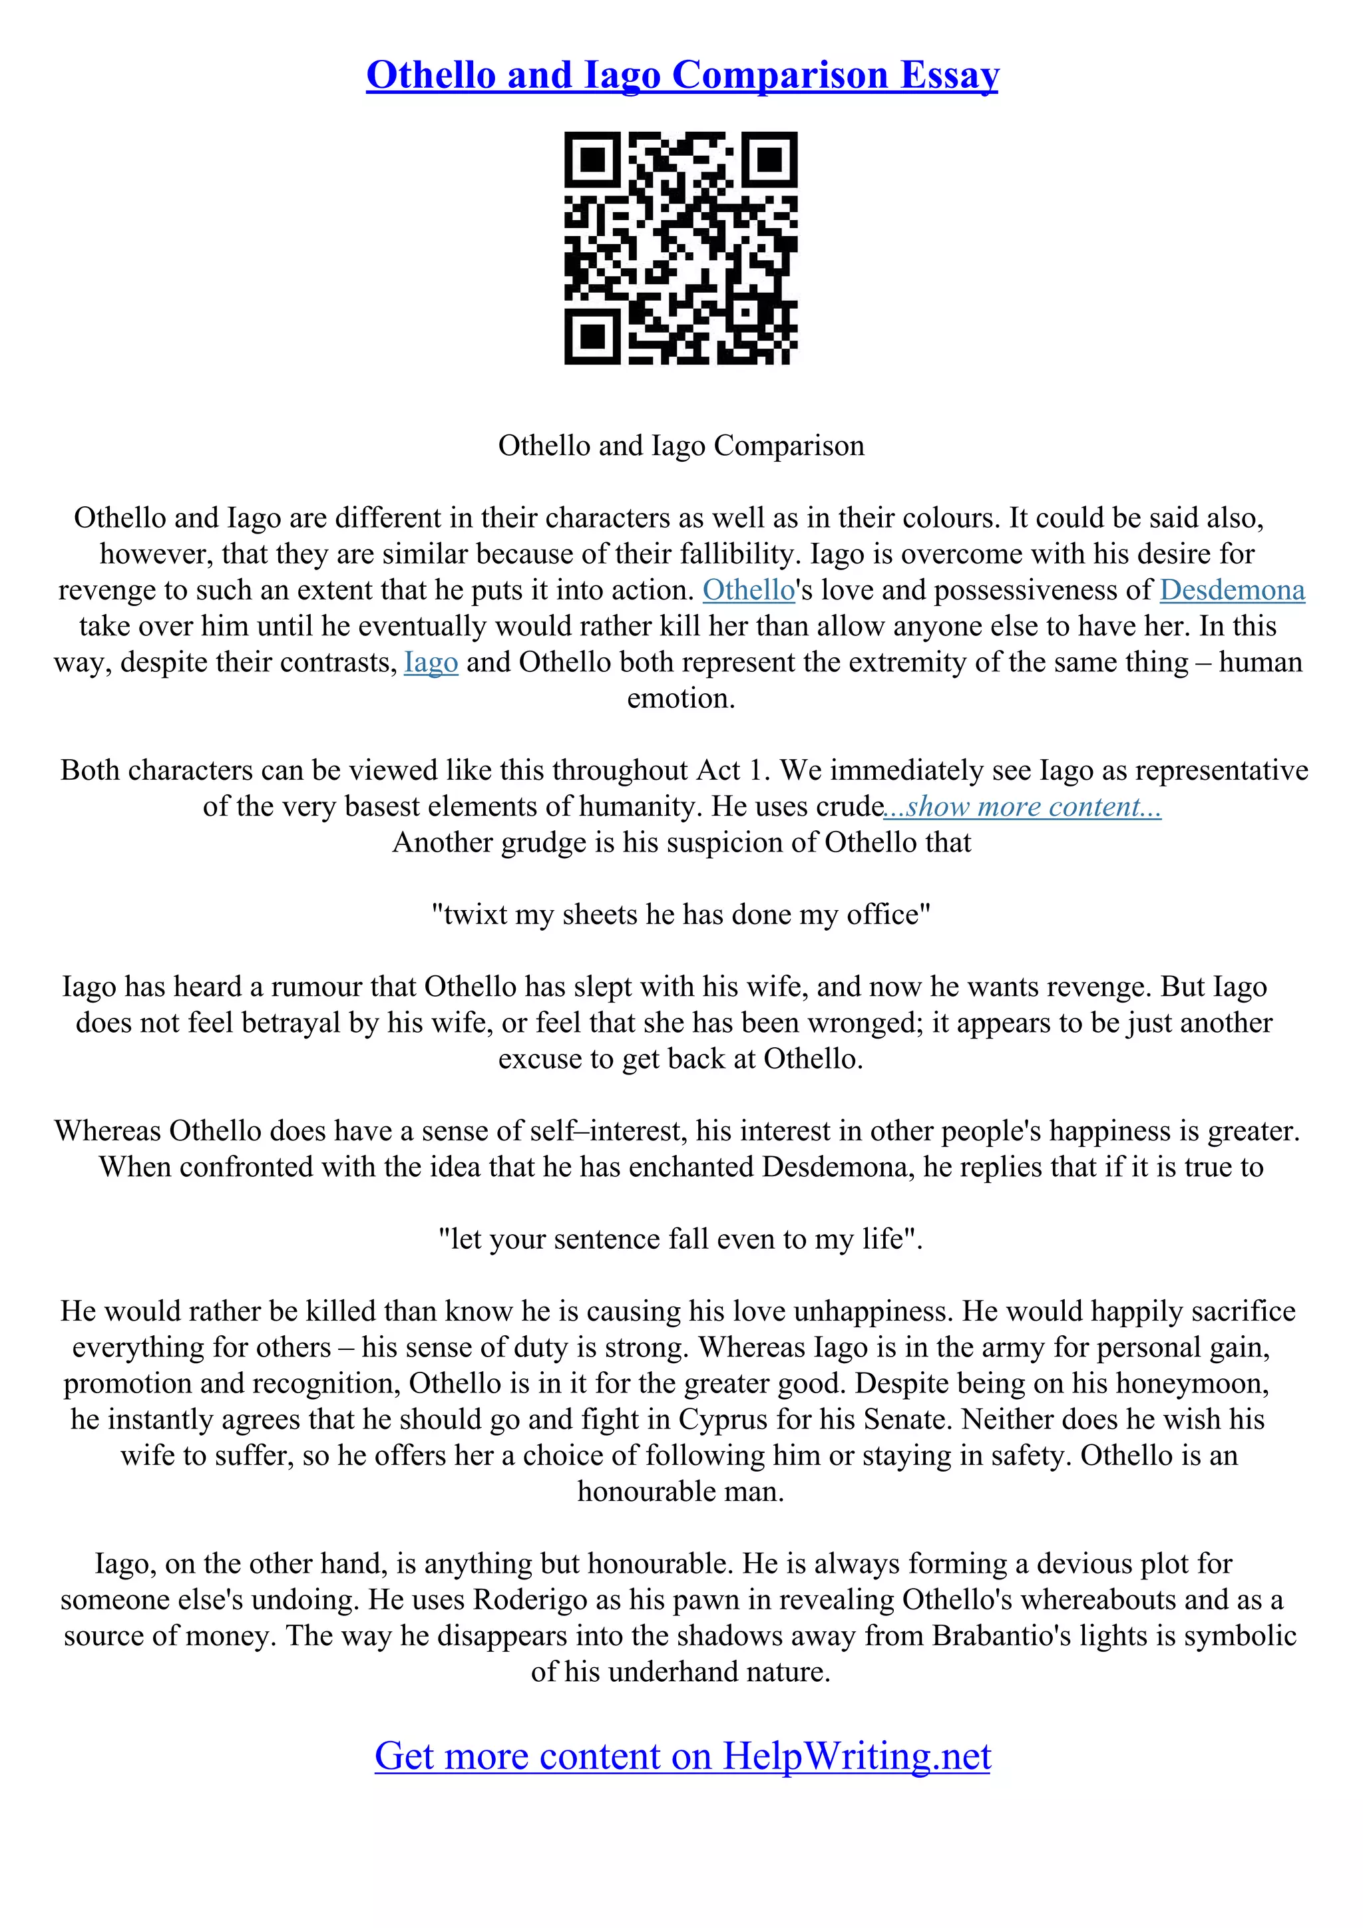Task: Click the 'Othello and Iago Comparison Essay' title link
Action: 682,76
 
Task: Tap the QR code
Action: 681,249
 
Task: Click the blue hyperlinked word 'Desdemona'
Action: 1232,590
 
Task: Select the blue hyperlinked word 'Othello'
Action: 748,590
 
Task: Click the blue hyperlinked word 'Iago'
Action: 431,663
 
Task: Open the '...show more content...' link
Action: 1023,807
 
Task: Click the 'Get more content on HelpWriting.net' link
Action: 682,1756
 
